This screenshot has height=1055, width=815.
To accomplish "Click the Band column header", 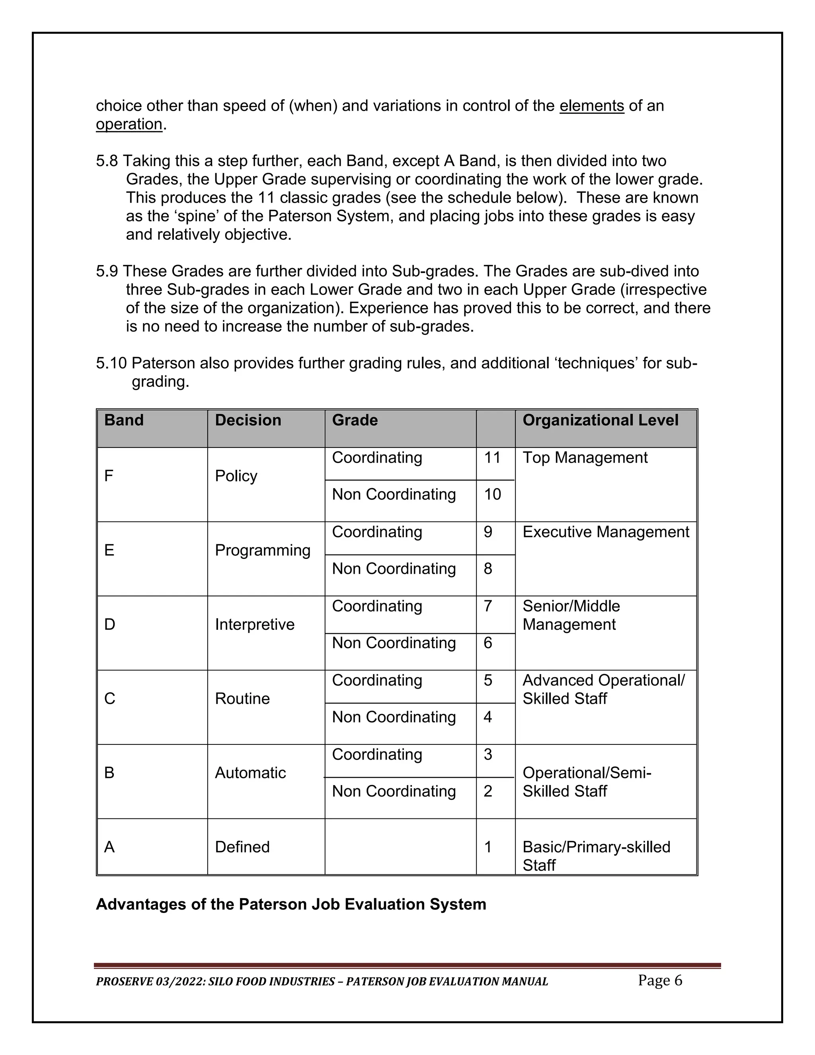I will pos(124,420).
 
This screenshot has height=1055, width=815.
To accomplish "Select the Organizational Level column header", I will pos(600,420).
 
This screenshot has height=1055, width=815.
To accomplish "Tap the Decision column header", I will pos(248,420).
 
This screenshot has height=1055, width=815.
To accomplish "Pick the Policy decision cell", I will pos(236,476).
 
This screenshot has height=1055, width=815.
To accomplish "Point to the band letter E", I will pos(109,550).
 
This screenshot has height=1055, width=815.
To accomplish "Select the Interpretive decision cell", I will pos(254,625).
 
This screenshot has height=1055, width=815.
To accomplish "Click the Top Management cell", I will pos(585,457).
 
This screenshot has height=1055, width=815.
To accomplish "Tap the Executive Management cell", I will pos(605,532).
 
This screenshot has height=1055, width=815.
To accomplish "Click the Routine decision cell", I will pos(242,699).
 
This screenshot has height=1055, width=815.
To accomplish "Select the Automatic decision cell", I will pos(250,773).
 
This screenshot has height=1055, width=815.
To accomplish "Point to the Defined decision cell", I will pos(242,847).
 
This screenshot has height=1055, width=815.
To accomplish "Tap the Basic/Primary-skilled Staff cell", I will pos(596,856).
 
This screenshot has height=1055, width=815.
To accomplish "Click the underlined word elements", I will pos(591,106).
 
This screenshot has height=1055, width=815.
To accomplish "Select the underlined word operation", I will pos(129,124).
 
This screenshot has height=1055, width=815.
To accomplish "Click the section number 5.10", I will pos(111,363).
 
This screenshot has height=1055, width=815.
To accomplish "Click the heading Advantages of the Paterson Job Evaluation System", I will pos(291,904).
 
